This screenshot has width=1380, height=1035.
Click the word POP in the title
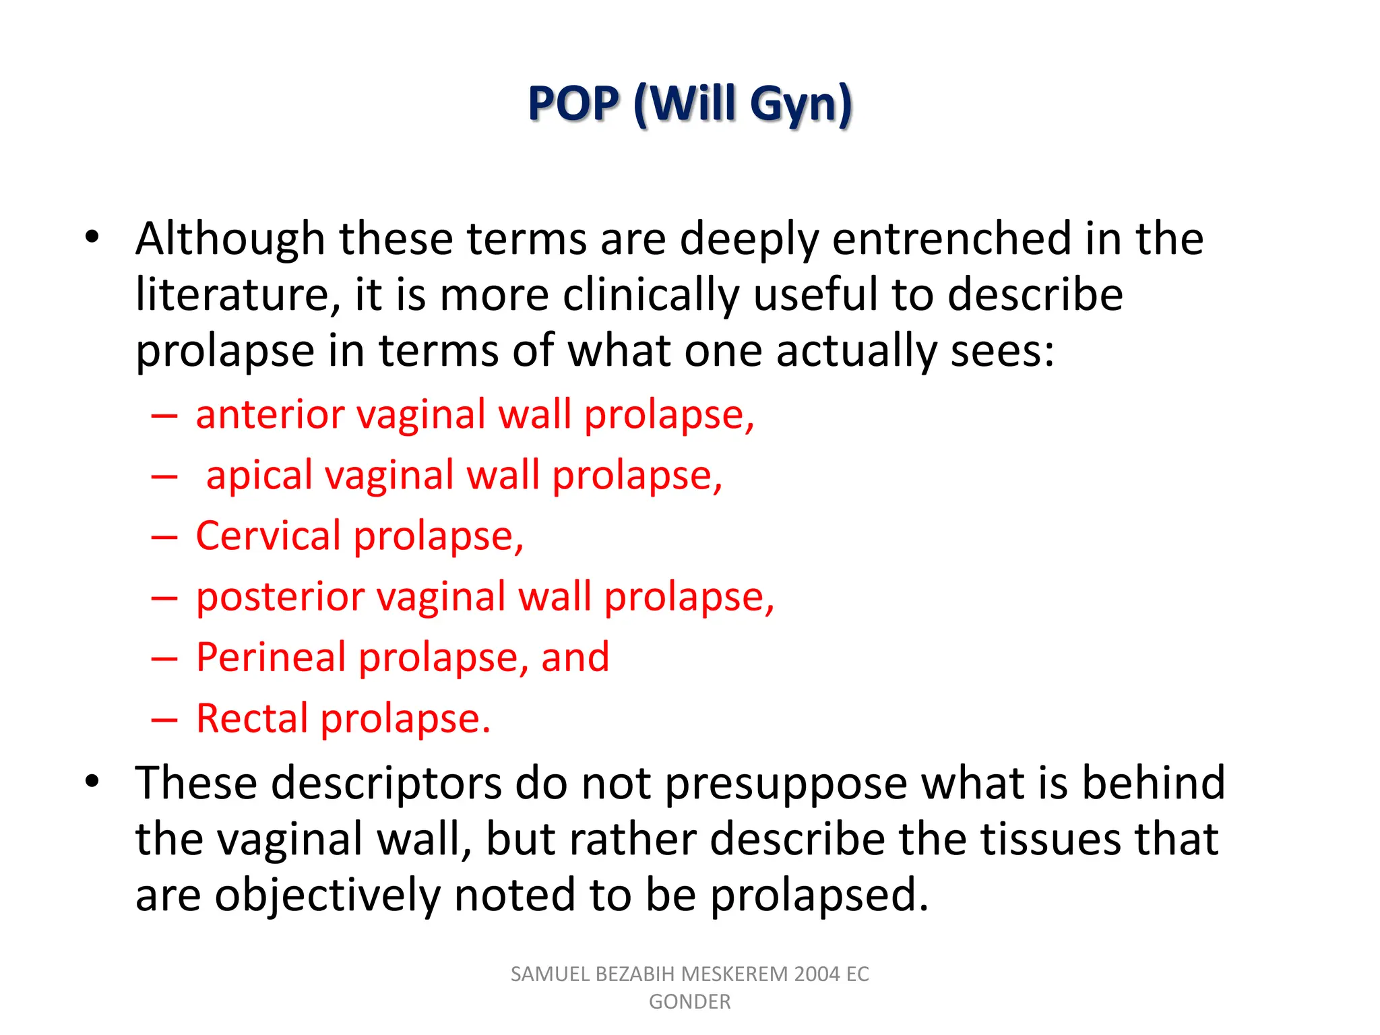point(573,104)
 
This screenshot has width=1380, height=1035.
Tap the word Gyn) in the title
point(801,105)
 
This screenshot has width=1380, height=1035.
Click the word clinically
point(651,296)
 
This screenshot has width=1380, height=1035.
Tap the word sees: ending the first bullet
point(1002,352)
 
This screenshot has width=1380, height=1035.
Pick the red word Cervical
point(268,536)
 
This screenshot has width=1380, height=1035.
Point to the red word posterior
point(280,597)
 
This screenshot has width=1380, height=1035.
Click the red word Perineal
point(271,658)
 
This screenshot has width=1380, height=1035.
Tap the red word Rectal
point(252,718)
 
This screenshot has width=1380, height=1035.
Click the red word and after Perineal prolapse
point(575,658)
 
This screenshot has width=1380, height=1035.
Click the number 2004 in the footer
point(817,974)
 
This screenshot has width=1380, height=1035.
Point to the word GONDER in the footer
point(689,1002)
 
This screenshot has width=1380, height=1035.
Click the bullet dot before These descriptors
point(92,781)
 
